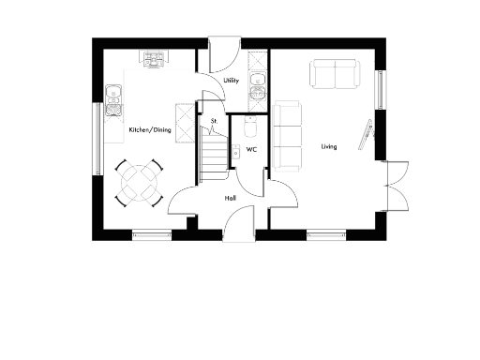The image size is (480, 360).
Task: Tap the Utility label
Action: pyautogui.click(x=232, y=82)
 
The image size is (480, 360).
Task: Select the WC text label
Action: pyautogui.click(x=251, y=149)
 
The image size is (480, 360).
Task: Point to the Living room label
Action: pyautogui.click(x=329, y=147)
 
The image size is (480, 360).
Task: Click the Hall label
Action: pyautogui.click(x=231, y=199)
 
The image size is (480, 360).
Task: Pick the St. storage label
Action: pyautogui.click(x=215, y=121)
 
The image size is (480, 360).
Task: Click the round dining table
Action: pyautogui.click(x=138, y=183)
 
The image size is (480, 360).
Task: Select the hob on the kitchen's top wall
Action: pyautogui.click(x=155, y=59)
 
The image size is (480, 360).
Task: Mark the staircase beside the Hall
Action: pyautogui.click(x=215, y=155)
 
